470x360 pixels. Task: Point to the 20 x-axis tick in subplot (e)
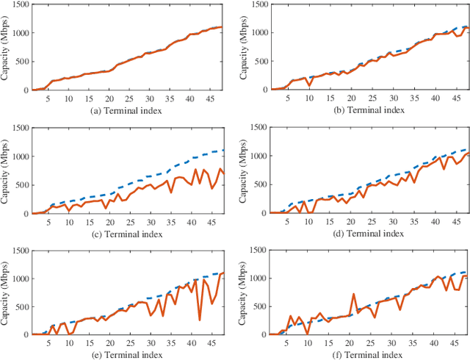point(109,342)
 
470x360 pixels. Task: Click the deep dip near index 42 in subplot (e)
point(199,320)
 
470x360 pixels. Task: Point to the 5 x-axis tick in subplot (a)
point(48,98)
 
